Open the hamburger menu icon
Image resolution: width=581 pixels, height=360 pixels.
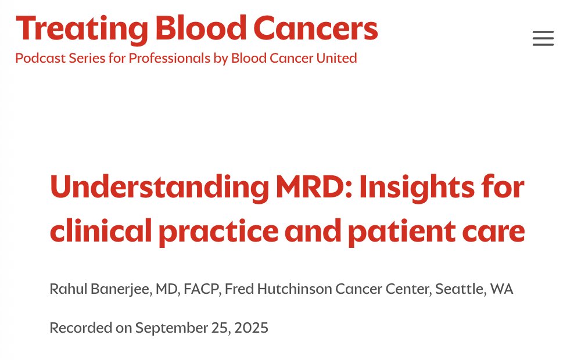pos(543,38)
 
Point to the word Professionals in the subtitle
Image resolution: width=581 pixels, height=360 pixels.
pos(169,58)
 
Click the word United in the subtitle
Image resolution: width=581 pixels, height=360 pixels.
pos(336,58)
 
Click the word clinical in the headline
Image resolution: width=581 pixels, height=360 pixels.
pos(101,231)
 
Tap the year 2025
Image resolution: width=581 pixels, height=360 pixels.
pos(251,328)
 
